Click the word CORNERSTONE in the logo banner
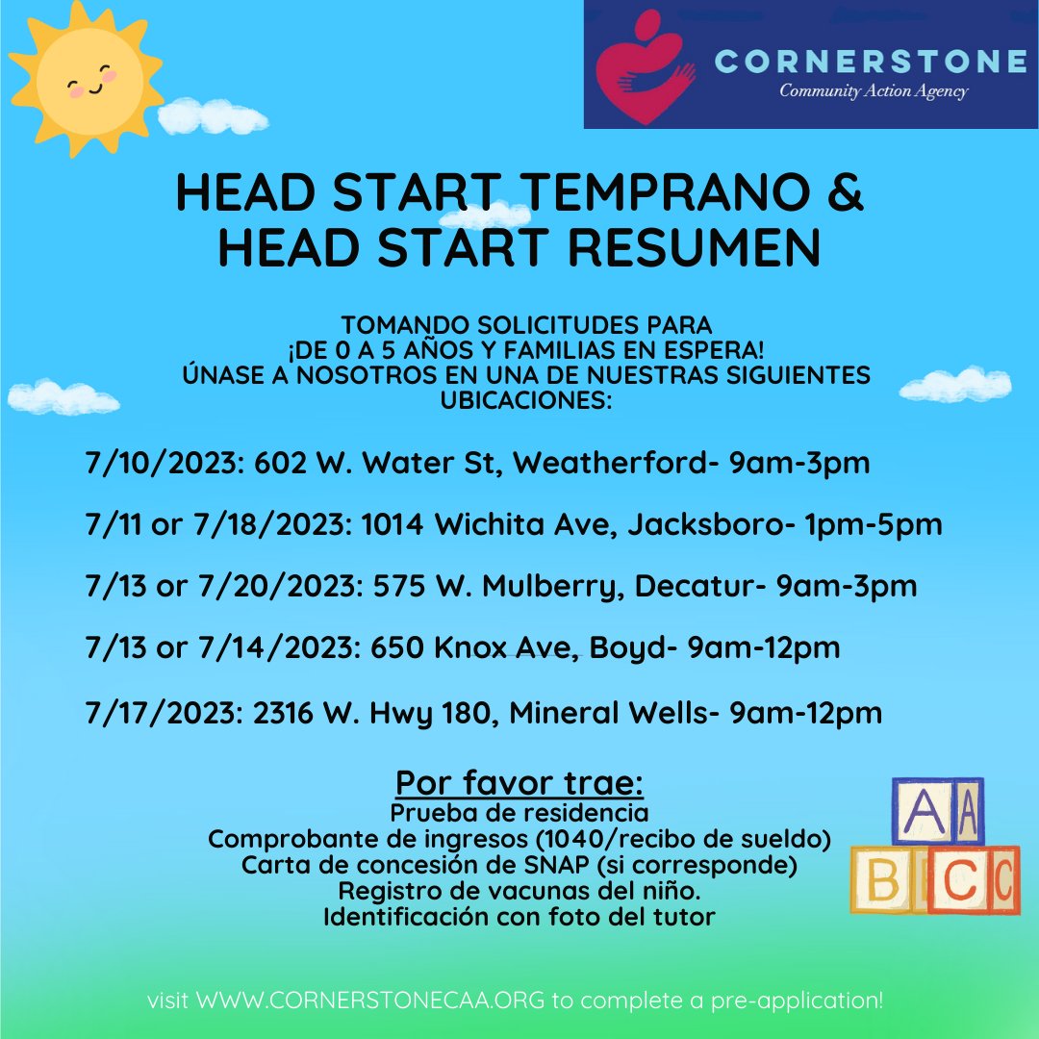[872, 63]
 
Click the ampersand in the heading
[846, 194]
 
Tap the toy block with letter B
[883, 879]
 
